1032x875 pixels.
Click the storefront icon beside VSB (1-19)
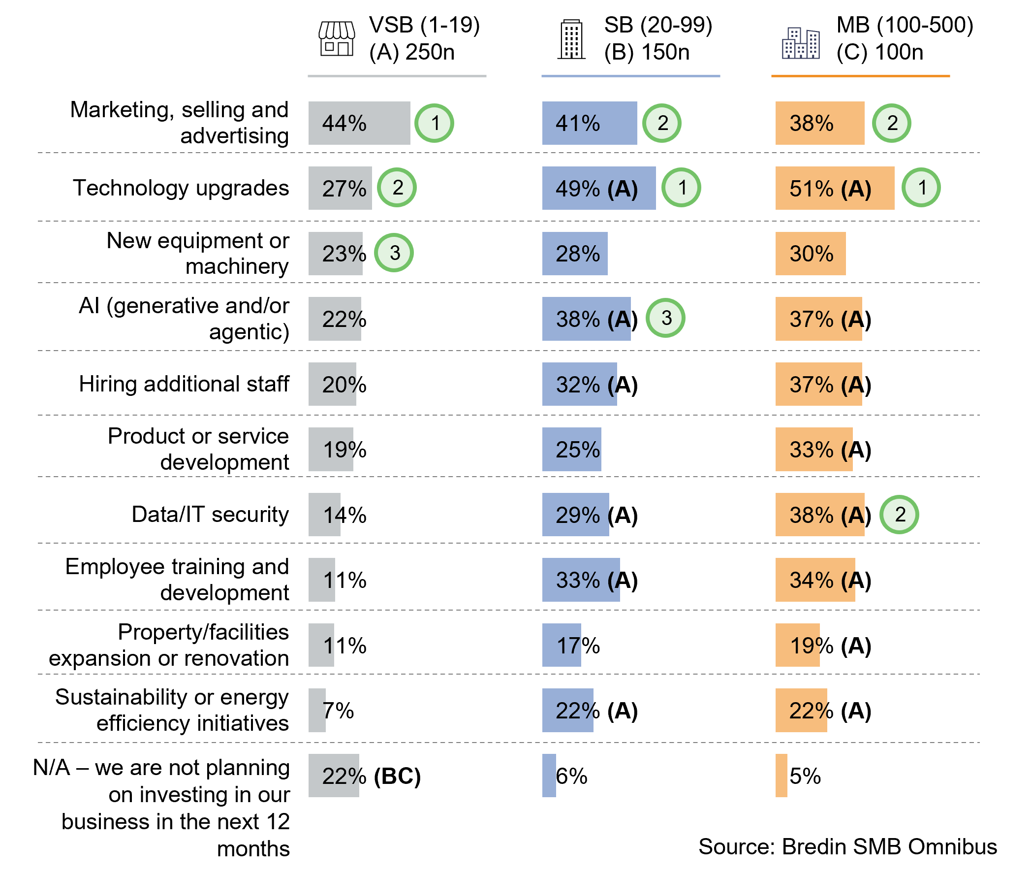coord(337,39)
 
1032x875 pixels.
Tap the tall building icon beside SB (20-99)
coord(571,39)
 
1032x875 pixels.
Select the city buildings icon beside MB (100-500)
coord(801,43)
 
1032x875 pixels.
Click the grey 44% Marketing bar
coord(359,123)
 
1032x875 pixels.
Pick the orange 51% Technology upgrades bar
coord(834,188)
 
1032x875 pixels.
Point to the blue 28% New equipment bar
coord(574,254)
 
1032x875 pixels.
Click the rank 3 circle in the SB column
coord(666,318)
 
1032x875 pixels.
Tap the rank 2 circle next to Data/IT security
coord(899,515)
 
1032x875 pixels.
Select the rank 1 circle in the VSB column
coord(434,123)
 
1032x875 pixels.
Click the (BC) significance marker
coord(397,776)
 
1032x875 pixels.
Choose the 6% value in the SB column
coord(571,776)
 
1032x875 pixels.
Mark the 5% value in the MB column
coord(805,776)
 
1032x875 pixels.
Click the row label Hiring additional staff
coord(184,384)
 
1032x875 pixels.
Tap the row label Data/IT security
coord(210,515)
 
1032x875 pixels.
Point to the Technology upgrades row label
coord(181,188)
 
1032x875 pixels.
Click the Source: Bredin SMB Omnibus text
coord(847,846)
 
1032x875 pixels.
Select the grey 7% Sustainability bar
coord(317,711)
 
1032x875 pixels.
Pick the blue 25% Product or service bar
coord(571,450)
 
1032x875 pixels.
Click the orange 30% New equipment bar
coord(810,254)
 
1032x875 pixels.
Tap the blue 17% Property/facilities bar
coord(561,645)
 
